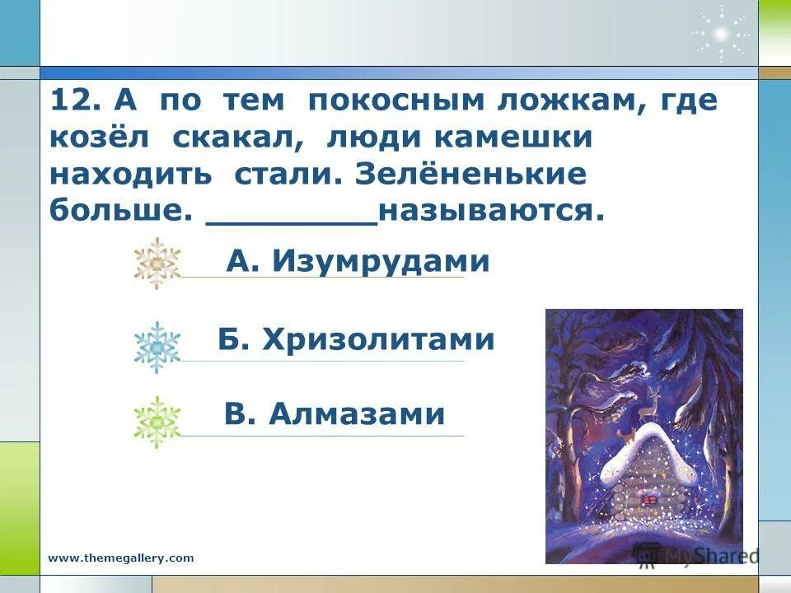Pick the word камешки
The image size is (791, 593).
click(x=513, y=138)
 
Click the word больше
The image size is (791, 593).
click(x=115, y=212)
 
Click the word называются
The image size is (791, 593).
click(x=491, y=212)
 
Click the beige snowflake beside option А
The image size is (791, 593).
click(x=157, y=263)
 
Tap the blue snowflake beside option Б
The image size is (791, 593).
click(x=157, y=347)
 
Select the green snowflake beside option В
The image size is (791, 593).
click(x=157, y=422)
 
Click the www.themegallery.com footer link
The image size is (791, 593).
click(x=121, y=558)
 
